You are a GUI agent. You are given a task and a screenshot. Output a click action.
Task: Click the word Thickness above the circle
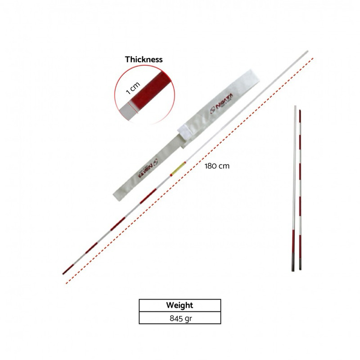(144, 59)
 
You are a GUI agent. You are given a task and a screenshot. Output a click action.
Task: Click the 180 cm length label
(217, 166)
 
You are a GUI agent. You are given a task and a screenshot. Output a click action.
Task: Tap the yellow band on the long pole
(177, 169)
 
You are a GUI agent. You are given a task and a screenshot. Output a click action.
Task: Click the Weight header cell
(180, 305)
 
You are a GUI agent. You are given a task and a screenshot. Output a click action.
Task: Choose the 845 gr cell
(180, 318)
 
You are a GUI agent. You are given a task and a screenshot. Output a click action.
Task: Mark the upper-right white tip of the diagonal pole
(306, 53)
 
